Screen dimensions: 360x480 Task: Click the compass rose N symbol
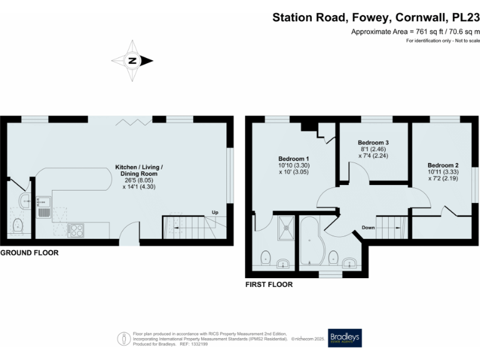pyautogui.click(x=132, y=61)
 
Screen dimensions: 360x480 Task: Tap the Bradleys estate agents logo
pyautogui.click(x=344, y=337)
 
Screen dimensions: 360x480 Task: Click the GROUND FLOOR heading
pyautogui.click(x=29, y=253)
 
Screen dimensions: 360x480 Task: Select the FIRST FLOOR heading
pyautogui.click(x=269, y=284)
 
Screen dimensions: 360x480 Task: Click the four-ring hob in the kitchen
pyautogui.click(x=76, y=230)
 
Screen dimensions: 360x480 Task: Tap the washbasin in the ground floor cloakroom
pyautogui.click(x=24, y=201)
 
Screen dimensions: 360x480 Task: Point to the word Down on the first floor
pyautogui.click(x=368, y=227)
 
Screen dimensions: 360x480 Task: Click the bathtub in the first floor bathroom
pyautogui.click(x=311, y=241)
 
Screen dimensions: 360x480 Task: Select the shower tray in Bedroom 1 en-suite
pyautogui.click(x=287, y=227)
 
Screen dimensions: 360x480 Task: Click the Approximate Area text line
pyautogui.click(x=415, y=31)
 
